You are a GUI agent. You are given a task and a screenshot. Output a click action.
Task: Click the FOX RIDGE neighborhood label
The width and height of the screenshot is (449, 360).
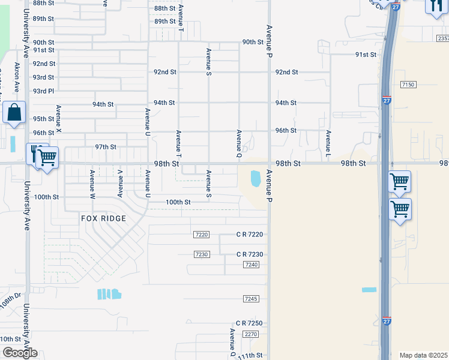104,218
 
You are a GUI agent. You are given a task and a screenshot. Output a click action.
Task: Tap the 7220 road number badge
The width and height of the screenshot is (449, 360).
202,235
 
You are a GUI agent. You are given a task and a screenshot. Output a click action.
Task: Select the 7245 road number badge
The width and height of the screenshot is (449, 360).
251,299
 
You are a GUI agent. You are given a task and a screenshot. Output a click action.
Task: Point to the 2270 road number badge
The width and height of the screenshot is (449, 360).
251,334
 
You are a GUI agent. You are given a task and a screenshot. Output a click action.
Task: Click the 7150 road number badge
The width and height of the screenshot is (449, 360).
408,85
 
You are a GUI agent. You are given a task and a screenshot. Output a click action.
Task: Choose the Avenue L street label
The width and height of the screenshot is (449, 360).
329,140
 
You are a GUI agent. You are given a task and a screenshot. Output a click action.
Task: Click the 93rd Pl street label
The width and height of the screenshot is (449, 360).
43,91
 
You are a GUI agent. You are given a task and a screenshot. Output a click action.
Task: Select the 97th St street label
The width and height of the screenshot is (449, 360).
106,147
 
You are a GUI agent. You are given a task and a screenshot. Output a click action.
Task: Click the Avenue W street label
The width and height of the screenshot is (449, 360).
92,184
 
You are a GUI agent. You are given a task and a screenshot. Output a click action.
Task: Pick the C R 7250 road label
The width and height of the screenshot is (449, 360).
249,323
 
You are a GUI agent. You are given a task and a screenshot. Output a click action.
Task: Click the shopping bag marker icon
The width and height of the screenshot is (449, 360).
14,113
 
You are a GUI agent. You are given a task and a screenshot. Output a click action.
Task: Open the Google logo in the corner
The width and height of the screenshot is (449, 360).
20,353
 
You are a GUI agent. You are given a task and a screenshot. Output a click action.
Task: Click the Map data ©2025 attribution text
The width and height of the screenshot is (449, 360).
424,355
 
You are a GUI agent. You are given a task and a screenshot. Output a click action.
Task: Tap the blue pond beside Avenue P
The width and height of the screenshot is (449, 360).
256,178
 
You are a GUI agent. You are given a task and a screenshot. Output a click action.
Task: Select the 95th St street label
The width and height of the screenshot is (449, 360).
43,119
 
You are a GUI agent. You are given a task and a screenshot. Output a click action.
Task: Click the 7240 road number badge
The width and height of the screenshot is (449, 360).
251,265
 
